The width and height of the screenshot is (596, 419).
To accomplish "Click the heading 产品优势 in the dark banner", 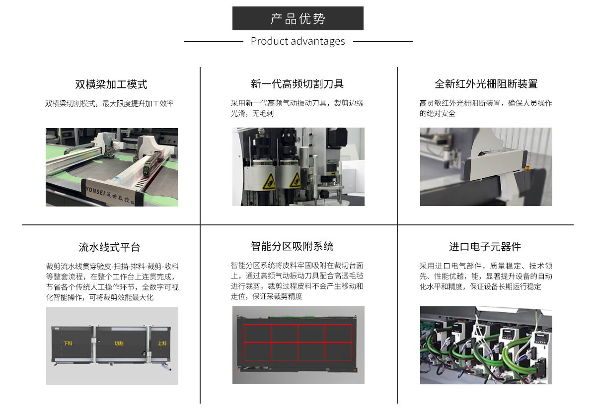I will pos(298,19).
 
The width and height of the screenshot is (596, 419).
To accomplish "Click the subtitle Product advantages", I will pos(298,41).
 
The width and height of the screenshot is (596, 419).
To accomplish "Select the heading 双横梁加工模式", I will pos(111,84).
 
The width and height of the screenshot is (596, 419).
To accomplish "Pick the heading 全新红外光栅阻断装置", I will pos(486,84).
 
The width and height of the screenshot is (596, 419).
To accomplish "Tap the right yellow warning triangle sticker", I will pos(295,180).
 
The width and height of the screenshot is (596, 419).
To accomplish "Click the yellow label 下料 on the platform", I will pos(67,343).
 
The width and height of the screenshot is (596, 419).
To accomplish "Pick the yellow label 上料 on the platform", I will pos(162,343).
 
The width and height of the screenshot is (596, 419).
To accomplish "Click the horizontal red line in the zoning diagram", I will pos(298,343).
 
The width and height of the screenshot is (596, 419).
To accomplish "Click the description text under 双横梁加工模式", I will pos(109,104).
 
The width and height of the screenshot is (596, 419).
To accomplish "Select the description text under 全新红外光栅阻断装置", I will pos(485,108).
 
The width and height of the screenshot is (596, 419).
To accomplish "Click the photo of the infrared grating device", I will pos(486,167).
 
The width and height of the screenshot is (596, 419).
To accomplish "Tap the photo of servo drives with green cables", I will pos(486,345).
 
